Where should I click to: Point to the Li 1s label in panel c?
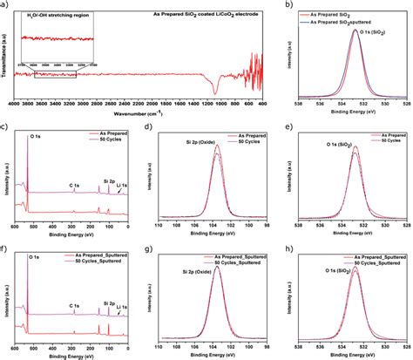(125, 185)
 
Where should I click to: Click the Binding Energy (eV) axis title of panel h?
(353, 354)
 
